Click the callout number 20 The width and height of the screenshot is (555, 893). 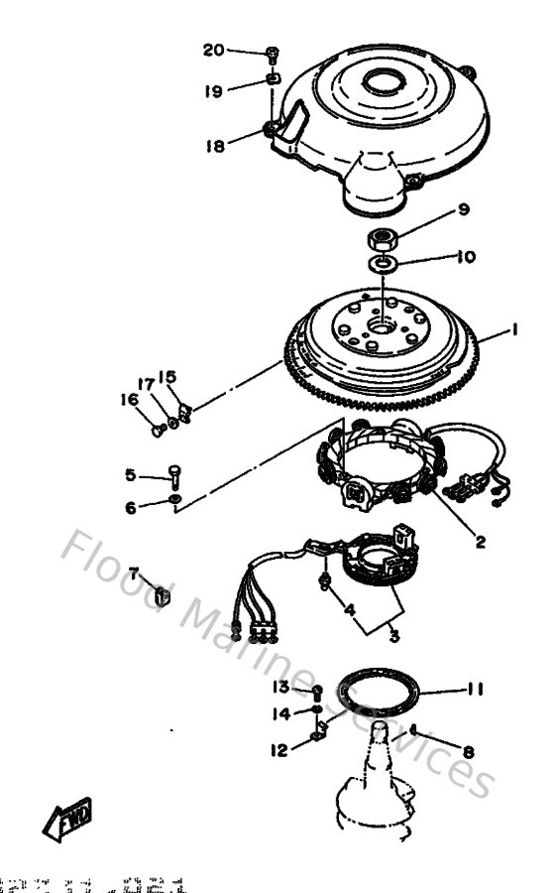214,50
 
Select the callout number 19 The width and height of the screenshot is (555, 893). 214,91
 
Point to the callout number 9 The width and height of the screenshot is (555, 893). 435,209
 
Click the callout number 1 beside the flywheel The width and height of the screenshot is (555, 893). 514,334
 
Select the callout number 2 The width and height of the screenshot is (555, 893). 480,542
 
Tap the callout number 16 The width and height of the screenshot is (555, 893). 129,399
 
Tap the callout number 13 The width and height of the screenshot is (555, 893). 280,688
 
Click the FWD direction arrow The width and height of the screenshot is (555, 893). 67,819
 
